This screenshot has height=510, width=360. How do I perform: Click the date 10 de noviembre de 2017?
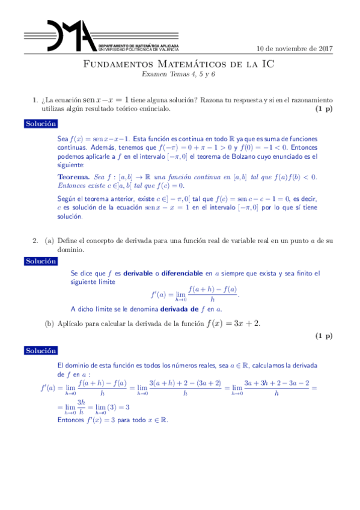294,49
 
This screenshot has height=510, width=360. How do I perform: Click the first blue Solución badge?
40,123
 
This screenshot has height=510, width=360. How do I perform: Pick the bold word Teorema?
74,177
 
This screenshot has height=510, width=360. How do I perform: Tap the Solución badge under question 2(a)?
40,262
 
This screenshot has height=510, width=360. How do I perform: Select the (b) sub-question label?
50,324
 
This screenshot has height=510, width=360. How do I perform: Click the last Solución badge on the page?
40,351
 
